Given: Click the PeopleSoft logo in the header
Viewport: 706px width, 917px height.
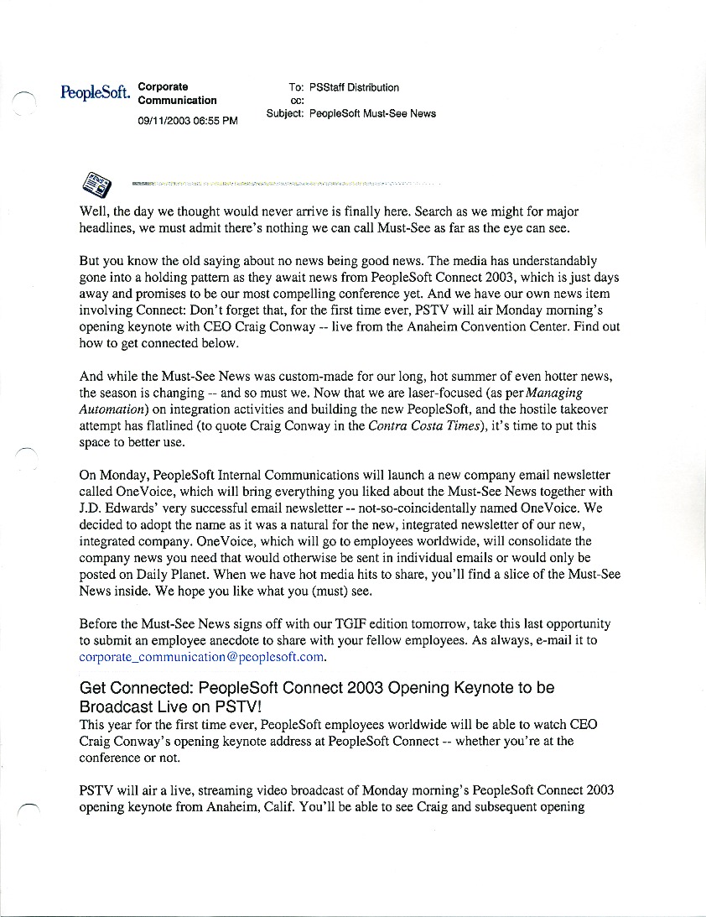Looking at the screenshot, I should pyautogui.click(x=95, y=92).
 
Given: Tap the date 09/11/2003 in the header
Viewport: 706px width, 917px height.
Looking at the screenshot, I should pyautogui.click(x=166, y=121).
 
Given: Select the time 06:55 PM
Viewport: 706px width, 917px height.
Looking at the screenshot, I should pyautogui.click(x=218, y=121).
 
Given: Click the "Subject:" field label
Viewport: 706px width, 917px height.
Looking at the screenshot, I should pyautogui.click(x=285, y=113).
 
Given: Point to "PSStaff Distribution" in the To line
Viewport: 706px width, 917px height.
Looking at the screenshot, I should pyautogui.click(x=354, y=87).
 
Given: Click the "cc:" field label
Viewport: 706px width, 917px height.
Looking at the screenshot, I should pyautogui.click(x=296, y=101).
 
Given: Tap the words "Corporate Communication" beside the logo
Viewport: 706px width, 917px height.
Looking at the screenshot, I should pyautogui.click(x=176, y=94).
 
